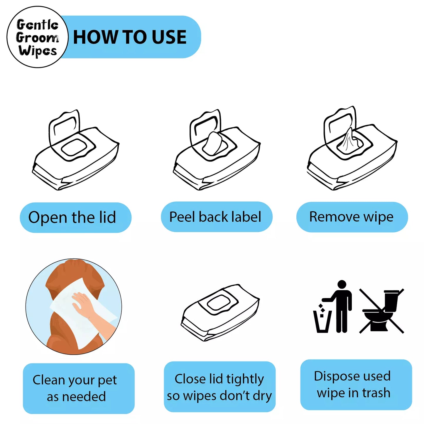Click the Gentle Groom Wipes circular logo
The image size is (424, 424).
[37, 37]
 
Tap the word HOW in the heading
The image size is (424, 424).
[94, 37]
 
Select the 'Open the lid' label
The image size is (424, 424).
[75, 217]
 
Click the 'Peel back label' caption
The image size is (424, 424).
[217, 217]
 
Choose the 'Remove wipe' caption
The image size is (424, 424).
[352, 217]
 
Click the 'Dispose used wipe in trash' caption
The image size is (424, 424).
[356, 385]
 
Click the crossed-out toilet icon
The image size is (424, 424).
[381, 311]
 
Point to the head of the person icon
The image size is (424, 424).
[342, 284]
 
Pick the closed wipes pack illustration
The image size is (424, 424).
[220, 312]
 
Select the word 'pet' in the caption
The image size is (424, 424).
[107, 380]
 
